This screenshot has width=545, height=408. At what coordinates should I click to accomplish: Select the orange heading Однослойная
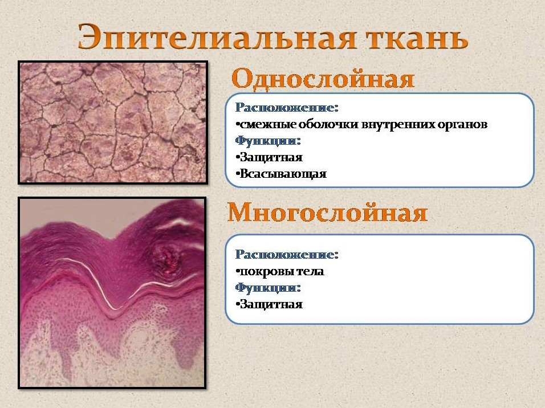[323, 79]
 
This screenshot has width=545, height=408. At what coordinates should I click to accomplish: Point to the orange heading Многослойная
[327, 212]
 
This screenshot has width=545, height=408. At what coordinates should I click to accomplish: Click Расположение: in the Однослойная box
[287, 108]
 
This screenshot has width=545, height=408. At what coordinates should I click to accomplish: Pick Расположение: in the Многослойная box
[287, 255]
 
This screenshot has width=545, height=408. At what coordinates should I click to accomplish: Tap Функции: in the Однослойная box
[267, 141]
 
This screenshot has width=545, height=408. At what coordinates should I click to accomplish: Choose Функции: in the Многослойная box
[267, 288]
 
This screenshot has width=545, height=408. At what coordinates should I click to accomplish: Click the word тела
[308, 271]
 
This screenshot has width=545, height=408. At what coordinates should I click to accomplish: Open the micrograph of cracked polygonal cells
[113, 123]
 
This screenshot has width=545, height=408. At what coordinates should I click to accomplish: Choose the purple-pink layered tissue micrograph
[112, 293]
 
